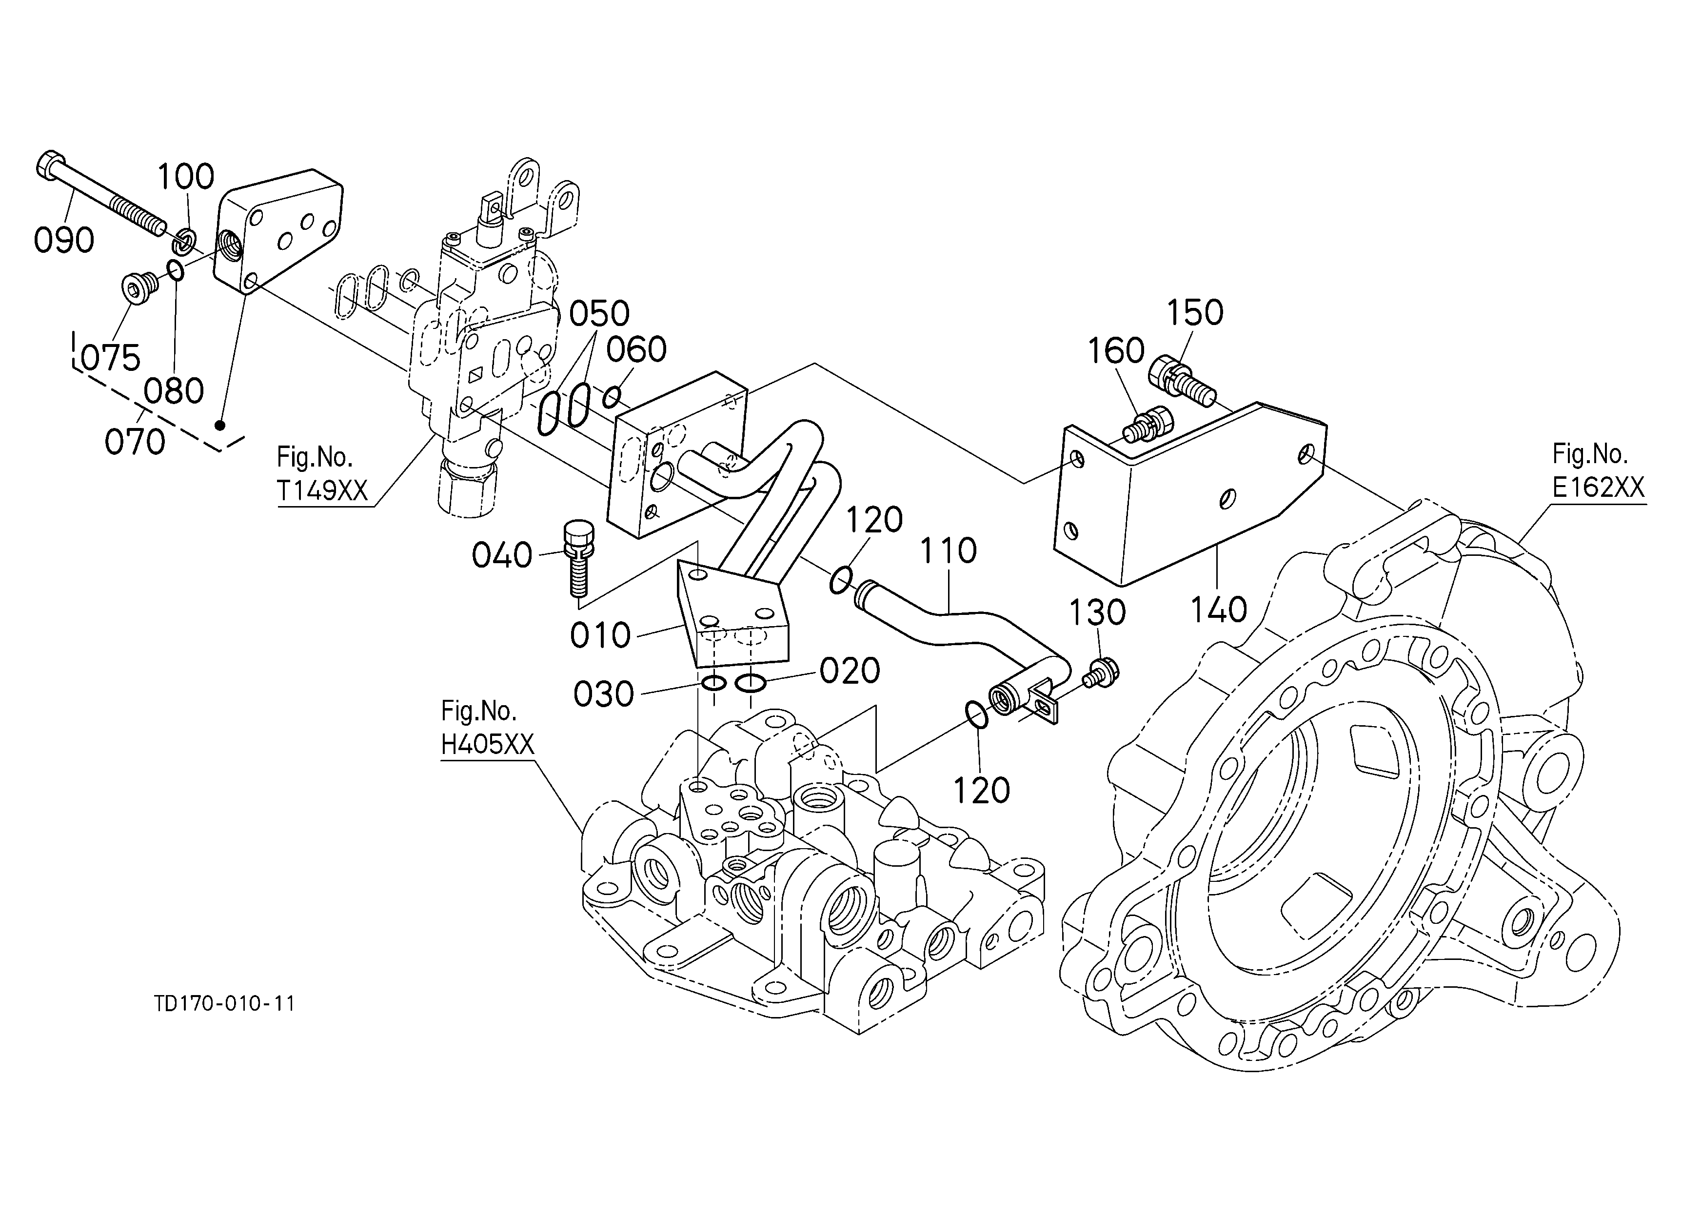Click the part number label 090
[64, 241]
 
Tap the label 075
[111, 358]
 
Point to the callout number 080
[174, 391]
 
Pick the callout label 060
[636, 349]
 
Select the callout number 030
[604, 694]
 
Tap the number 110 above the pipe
[949, 551]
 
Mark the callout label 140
[1219, 610]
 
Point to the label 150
[1195, 313]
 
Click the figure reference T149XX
[323, 490]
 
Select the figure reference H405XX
[487, 744]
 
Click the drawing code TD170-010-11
[225, 1004]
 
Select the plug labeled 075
[139, 287]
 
